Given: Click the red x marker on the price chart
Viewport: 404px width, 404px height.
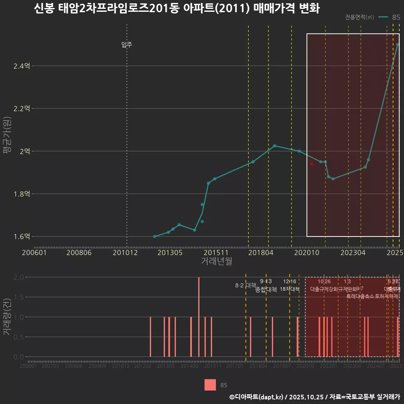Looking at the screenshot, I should pos(311,164).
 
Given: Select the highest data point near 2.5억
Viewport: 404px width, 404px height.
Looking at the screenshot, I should pos(398,44).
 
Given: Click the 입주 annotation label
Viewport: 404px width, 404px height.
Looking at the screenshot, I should pos(127,45).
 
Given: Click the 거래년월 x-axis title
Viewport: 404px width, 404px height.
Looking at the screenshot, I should pos(216,261).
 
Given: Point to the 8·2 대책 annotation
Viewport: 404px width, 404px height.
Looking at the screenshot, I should pos(245,285).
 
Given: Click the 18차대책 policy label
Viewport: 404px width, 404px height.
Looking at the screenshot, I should pos(290,289).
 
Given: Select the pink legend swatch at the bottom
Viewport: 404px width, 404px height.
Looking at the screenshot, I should pos(210,385).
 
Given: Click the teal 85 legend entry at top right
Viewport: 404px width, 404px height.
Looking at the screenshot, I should pos(389,17).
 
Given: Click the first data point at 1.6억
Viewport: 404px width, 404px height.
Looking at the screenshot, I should pos(154,237).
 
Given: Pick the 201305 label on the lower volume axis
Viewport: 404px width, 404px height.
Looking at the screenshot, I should pos(166,366).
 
